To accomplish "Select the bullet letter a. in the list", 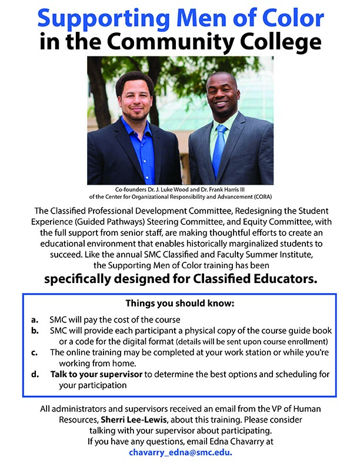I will click(x=35, y=321).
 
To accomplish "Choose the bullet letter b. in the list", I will click(x=35, y=331).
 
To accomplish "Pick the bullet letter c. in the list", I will click(x=35, y=352).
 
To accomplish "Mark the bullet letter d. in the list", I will click(x=35, y=374).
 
